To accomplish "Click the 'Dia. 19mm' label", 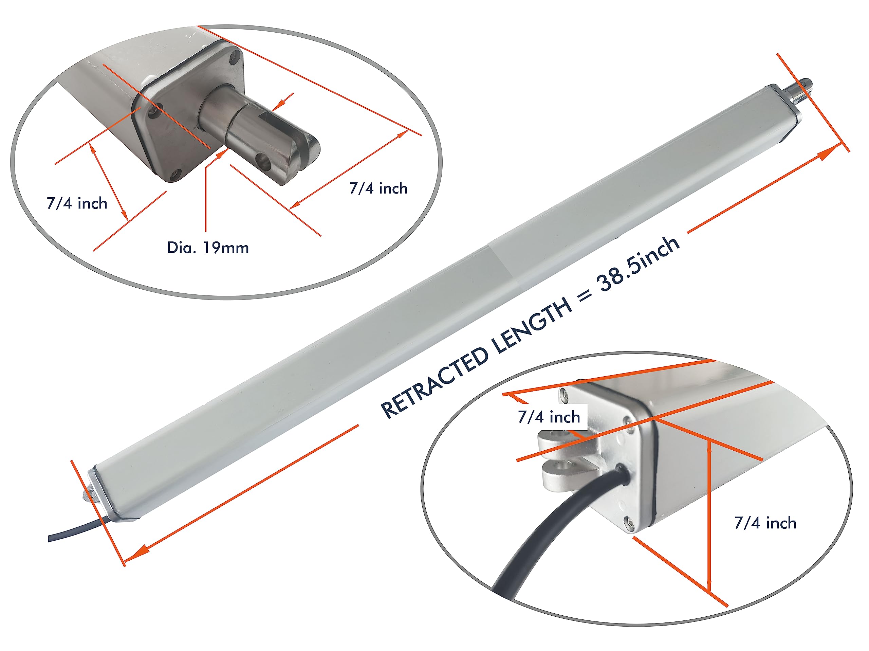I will [x=207, y=248].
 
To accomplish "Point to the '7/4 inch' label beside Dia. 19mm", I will [x=77, y=203].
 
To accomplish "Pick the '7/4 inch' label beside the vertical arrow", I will [x=765, y=523].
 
